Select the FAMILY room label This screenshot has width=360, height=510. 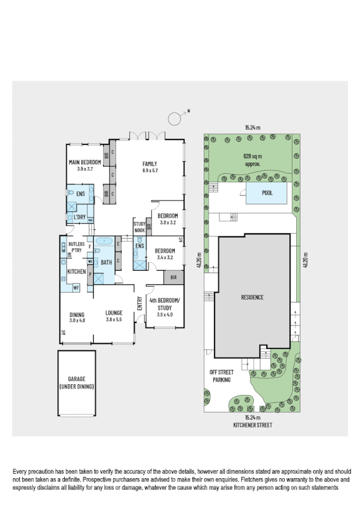click(149, 164)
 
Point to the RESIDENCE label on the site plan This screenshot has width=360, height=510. click(252, 297)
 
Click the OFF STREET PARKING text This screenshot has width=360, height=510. click(221, 376)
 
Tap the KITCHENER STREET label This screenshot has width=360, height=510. click(252, 425)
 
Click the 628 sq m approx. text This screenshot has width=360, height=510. click(252, 159)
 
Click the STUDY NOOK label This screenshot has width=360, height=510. click(139, 227)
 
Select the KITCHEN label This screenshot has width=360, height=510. click(76, 272)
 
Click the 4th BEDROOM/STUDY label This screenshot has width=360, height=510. click(164, 302)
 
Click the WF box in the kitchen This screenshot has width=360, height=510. click(76, 288)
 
